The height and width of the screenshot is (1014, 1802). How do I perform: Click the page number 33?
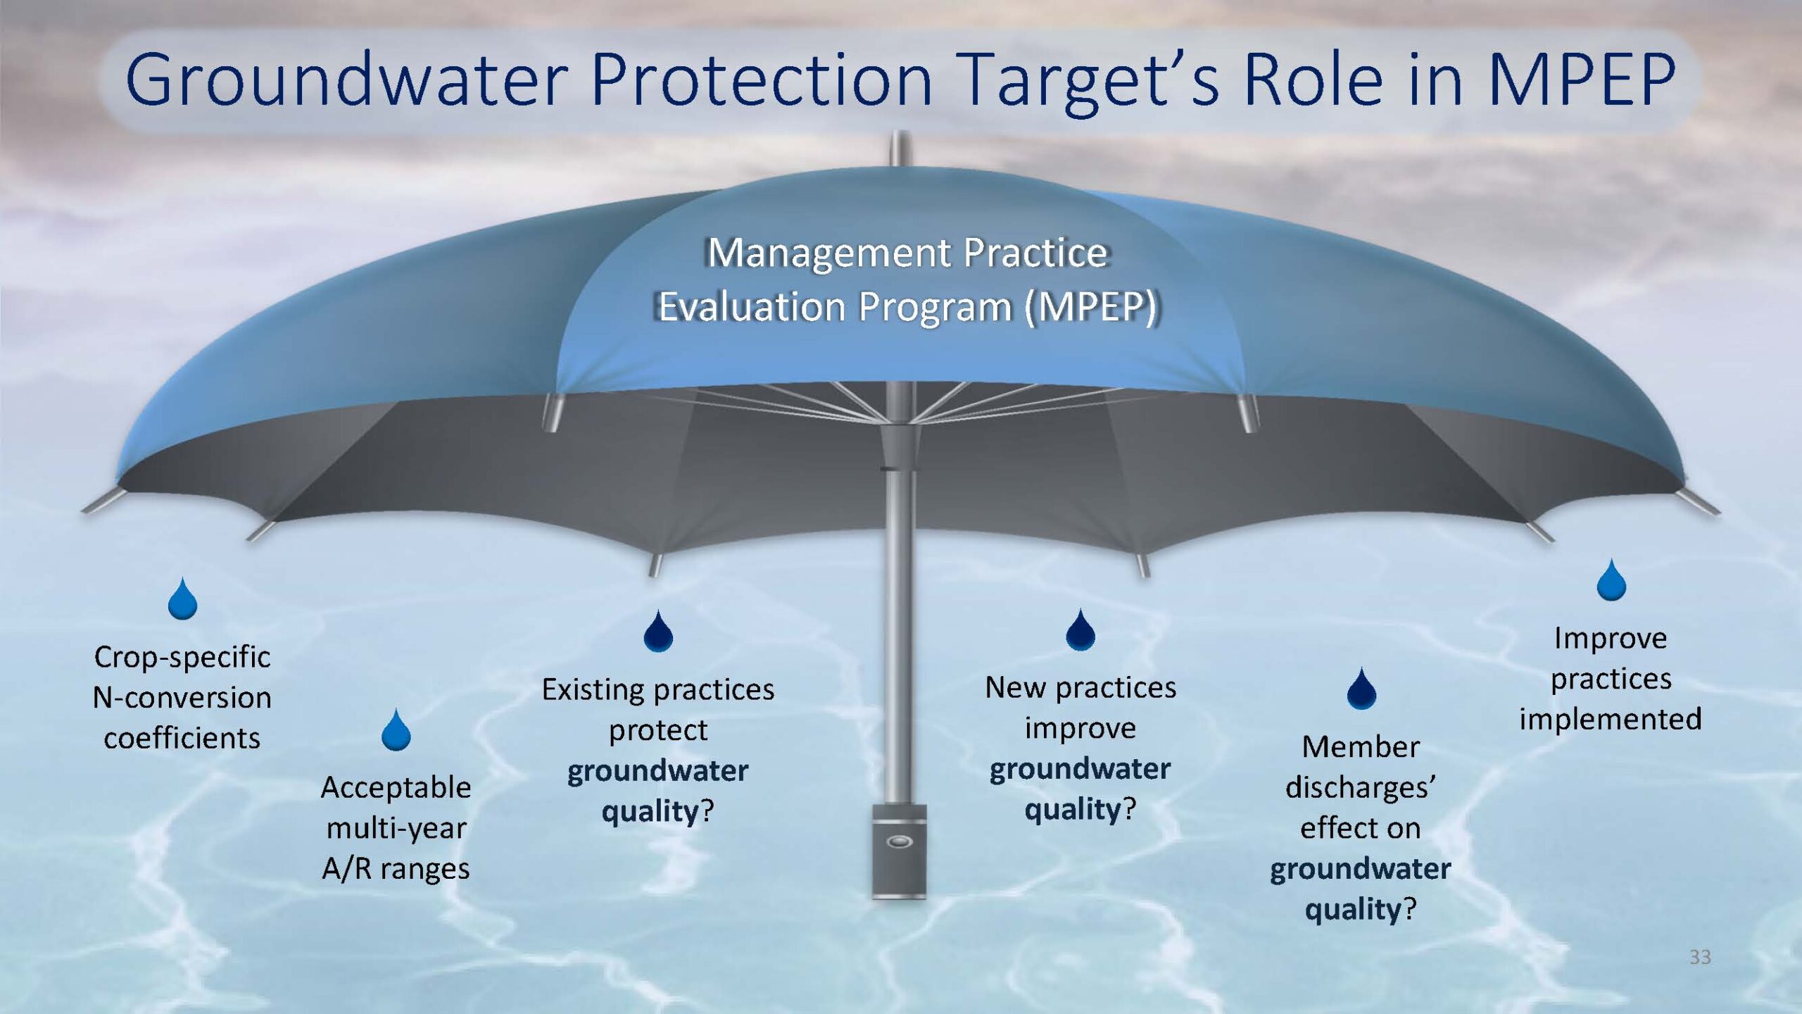(x=1700, y=957)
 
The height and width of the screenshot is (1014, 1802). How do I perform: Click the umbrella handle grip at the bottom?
(x=899, y=851)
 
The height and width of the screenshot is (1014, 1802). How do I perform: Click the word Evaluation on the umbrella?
(x=752, y=307)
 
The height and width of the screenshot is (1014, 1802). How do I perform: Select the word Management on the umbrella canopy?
(x=828, y=254)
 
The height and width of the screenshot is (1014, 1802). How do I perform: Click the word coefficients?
(x=182, y=738)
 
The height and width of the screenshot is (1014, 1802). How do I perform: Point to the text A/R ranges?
(x=396, y=869)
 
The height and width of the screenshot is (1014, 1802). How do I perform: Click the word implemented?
(x=1611, y=720)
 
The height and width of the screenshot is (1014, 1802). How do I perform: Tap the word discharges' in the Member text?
(x=1360, y=787)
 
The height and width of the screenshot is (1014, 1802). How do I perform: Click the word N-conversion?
(x=182, y=698)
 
